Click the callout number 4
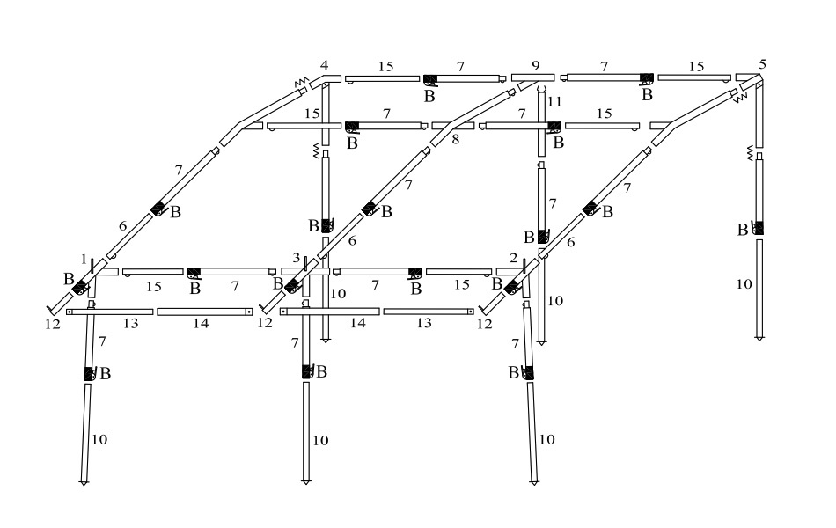[324, 65]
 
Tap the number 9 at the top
[535, 65]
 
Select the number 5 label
[762, 64]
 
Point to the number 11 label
[554, 101]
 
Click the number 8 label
[455, 140]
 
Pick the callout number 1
[84, 260]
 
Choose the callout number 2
[513, 258]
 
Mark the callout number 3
[297, 258]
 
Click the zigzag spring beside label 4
[301, 82]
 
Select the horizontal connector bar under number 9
[532, 77]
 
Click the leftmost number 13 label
[130, 323]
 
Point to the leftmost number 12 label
[53, 324]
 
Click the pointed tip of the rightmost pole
[759, 340]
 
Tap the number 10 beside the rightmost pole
[744, 284]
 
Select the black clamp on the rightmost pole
[759, 228]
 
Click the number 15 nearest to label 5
[696, 67]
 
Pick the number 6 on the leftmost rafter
[122, 226]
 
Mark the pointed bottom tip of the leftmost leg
[84, 484]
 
